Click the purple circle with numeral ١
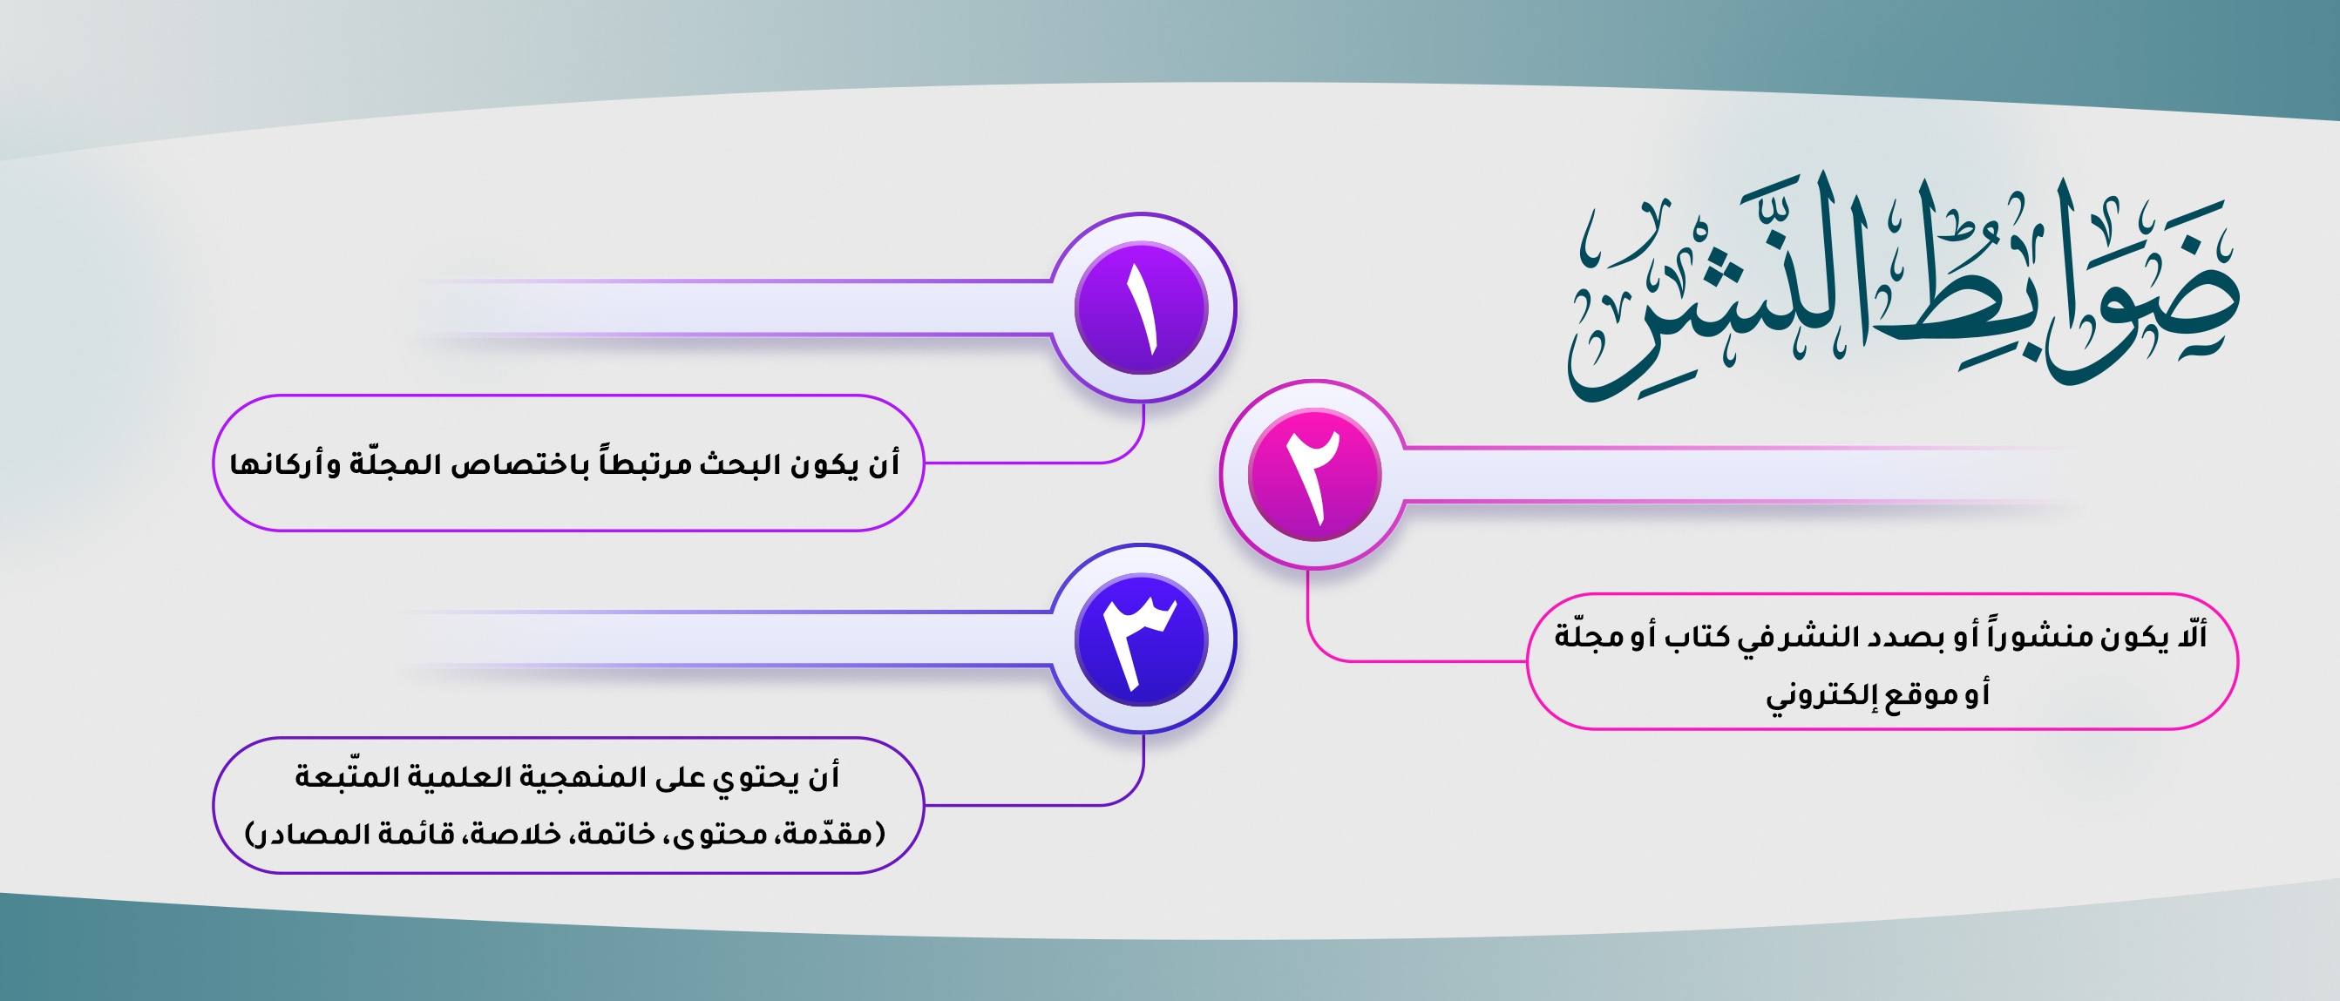pos(1141,308)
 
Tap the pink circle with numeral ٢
pos(1314,474)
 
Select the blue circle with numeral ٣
pos(1141,639)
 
